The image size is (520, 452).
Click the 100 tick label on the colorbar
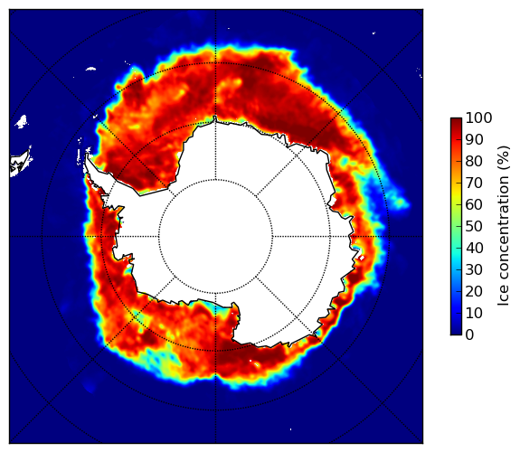point(478,118)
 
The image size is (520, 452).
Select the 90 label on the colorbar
point(474,139)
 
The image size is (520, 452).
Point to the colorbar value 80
point(474,161)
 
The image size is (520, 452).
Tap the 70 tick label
point(474,183)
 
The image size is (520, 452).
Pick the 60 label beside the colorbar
point(474,204)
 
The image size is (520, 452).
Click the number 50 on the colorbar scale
point(474,227)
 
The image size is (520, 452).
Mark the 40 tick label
point(474,248)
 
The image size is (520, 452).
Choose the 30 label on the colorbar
point(474,270)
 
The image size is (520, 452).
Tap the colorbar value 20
point(474,291)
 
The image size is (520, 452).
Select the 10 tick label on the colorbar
point(474,313)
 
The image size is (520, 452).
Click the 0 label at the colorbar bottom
point(470,335)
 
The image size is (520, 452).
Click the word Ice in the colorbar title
point(503,298)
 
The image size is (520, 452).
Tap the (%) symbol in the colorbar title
point(503,158)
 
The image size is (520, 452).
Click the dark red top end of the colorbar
point(456,120)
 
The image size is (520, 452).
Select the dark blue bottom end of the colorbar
point(456,333)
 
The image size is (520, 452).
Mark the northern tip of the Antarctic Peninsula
point(87,155)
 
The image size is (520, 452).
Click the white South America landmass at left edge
point(20,164)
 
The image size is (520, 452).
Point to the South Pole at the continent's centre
point(215,237)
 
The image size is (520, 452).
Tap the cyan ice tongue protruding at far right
point(400,202)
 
